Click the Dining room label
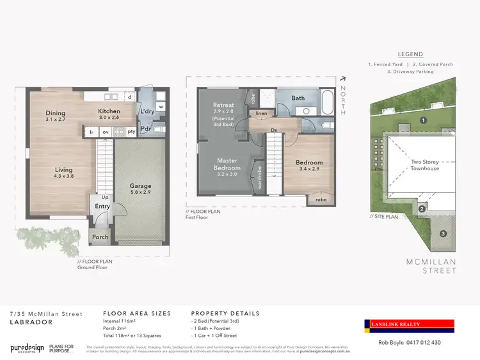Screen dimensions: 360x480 [x=55, y=113]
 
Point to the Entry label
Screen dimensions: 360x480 [x=102, y=207]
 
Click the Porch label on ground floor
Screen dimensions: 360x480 [x=100, y=237]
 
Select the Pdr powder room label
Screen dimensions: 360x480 [x=147, y=127]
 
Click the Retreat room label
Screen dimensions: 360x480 [x=224, y=105]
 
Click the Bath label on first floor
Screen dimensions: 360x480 [x=298, y=98]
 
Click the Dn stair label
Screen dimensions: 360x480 [x=274, y=130]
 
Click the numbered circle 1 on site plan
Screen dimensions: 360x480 [x=423, y=120]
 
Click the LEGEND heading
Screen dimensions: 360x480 [x=410, y=54]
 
